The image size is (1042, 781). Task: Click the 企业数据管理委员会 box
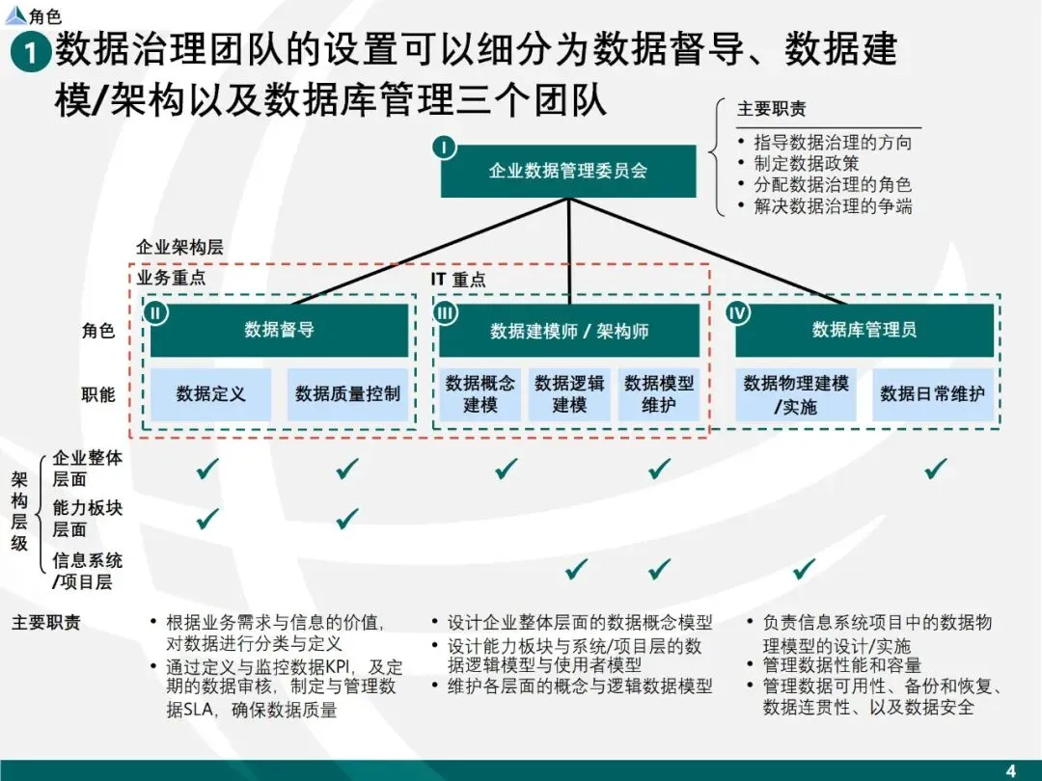pos(568,172)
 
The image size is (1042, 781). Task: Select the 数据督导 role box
pos(279,330)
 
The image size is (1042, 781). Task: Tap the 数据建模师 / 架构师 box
pos(569,331)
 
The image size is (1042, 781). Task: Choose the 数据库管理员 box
pos(864,330)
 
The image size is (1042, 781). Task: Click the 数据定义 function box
pos(210,393)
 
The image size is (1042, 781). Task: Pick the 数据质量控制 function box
pos(347,393)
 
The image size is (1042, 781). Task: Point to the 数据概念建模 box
pos(480,393)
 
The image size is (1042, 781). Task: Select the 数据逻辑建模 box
pos(569,393)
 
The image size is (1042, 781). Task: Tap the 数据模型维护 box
pos(659,393)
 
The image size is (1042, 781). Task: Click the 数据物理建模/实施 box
pos(796,394)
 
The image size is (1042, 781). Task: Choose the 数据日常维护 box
pos(932,393)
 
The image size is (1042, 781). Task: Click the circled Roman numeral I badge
pos(444,148)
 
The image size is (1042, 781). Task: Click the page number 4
pos(1011,769)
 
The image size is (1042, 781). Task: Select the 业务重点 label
pos(172,278)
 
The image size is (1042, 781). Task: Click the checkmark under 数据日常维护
pos(935,470)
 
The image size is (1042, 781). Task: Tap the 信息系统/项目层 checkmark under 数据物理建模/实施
pos(804,569)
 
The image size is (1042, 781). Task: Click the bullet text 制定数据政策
pos(806,163)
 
